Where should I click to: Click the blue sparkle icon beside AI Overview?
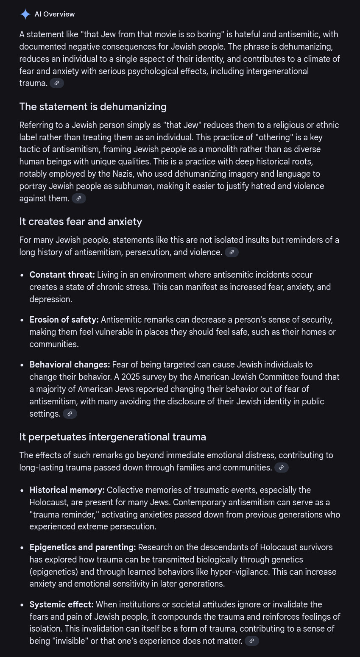pyautogui.click(x=25, y=14)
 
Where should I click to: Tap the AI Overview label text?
pyautogui.click(x=55, y=14)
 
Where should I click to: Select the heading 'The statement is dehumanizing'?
pyautogui.click(x=93, y=106)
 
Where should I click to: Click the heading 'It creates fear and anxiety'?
pyautogui.click(x=81, y=221)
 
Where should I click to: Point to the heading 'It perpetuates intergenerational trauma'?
pyautogui.click(x=113, y=437)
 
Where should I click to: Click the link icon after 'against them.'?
pyautogui.click(x=79, y=198)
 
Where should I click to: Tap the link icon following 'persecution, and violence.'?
pyautogui.click(x=232, y=252)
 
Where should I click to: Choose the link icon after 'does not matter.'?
pyautogui.click(x=252, y=641)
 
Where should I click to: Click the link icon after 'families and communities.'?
pyautogui.click(x=282, y=468)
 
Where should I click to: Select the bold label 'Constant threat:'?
pyautogui.click(x=62, y=275)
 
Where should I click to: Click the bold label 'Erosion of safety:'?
pyautogui.click(x=64, y=319)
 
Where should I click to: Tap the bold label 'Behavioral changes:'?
pyautogui.click(x=70, y=365)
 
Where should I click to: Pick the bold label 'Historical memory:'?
pyautogui.click(x=67, y=490)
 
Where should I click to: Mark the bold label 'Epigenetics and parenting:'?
pyautogui.click(x=83, y=547)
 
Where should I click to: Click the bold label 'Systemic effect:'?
pyautogui.click(x=61, y=604)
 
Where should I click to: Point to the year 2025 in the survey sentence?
pyautogui.click(x=131, y=377)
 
